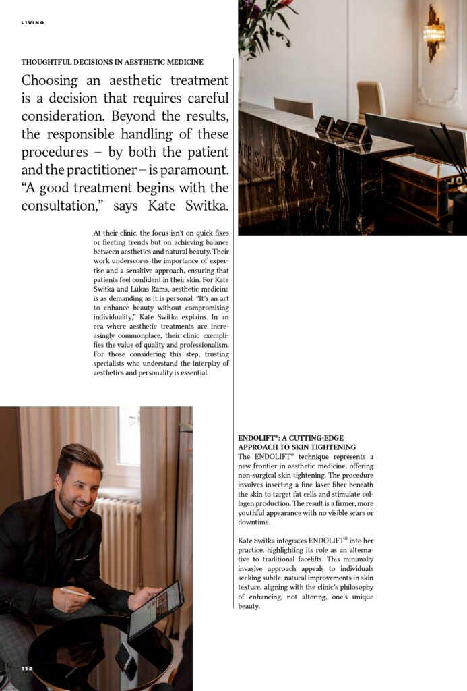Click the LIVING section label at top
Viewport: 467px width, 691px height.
pyautogui.click(x=32, y=22)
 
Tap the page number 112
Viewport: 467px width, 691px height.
pyautogui.click(x=27, y=669)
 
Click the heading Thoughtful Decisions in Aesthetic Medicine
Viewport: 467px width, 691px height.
pyautogui.click(x=112, y=62)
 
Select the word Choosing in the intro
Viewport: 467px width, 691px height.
pyautogui.click(x=50, y=81)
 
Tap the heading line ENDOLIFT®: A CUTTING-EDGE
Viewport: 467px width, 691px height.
pyautogui.click(x=287, y=438)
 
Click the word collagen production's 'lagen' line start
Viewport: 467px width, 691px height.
pyautogui.click(x=248, y=503)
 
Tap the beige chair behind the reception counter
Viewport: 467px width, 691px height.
pyautogui.click(x=371, y=101)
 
